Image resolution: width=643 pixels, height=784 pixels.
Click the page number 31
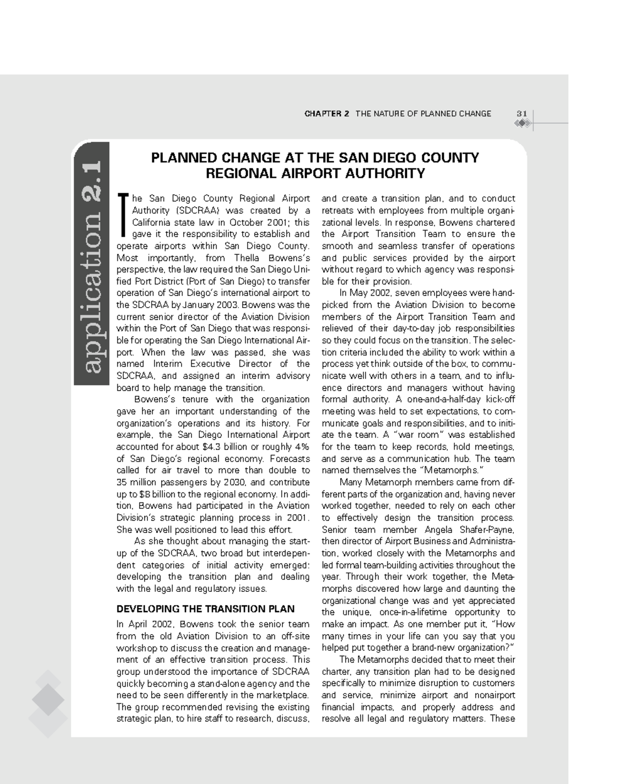click(x=521, y=113)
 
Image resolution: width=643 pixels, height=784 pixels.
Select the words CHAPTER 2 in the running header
click(x=326, y=113)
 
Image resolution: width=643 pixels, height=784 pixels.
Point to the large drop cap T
click(x=123, y=215)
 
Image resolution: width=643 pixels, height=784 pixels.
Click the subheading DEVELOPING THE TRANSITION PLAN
click(x=205, y=609)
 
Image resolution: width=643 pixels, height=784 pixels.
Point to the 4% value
click(x=302, y=447)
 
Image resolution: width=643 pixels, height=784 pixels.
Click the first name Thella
click(x=246, y=258)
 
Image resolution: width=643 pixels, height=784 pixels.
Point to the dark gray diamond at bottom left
click(x=48, y=700)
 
